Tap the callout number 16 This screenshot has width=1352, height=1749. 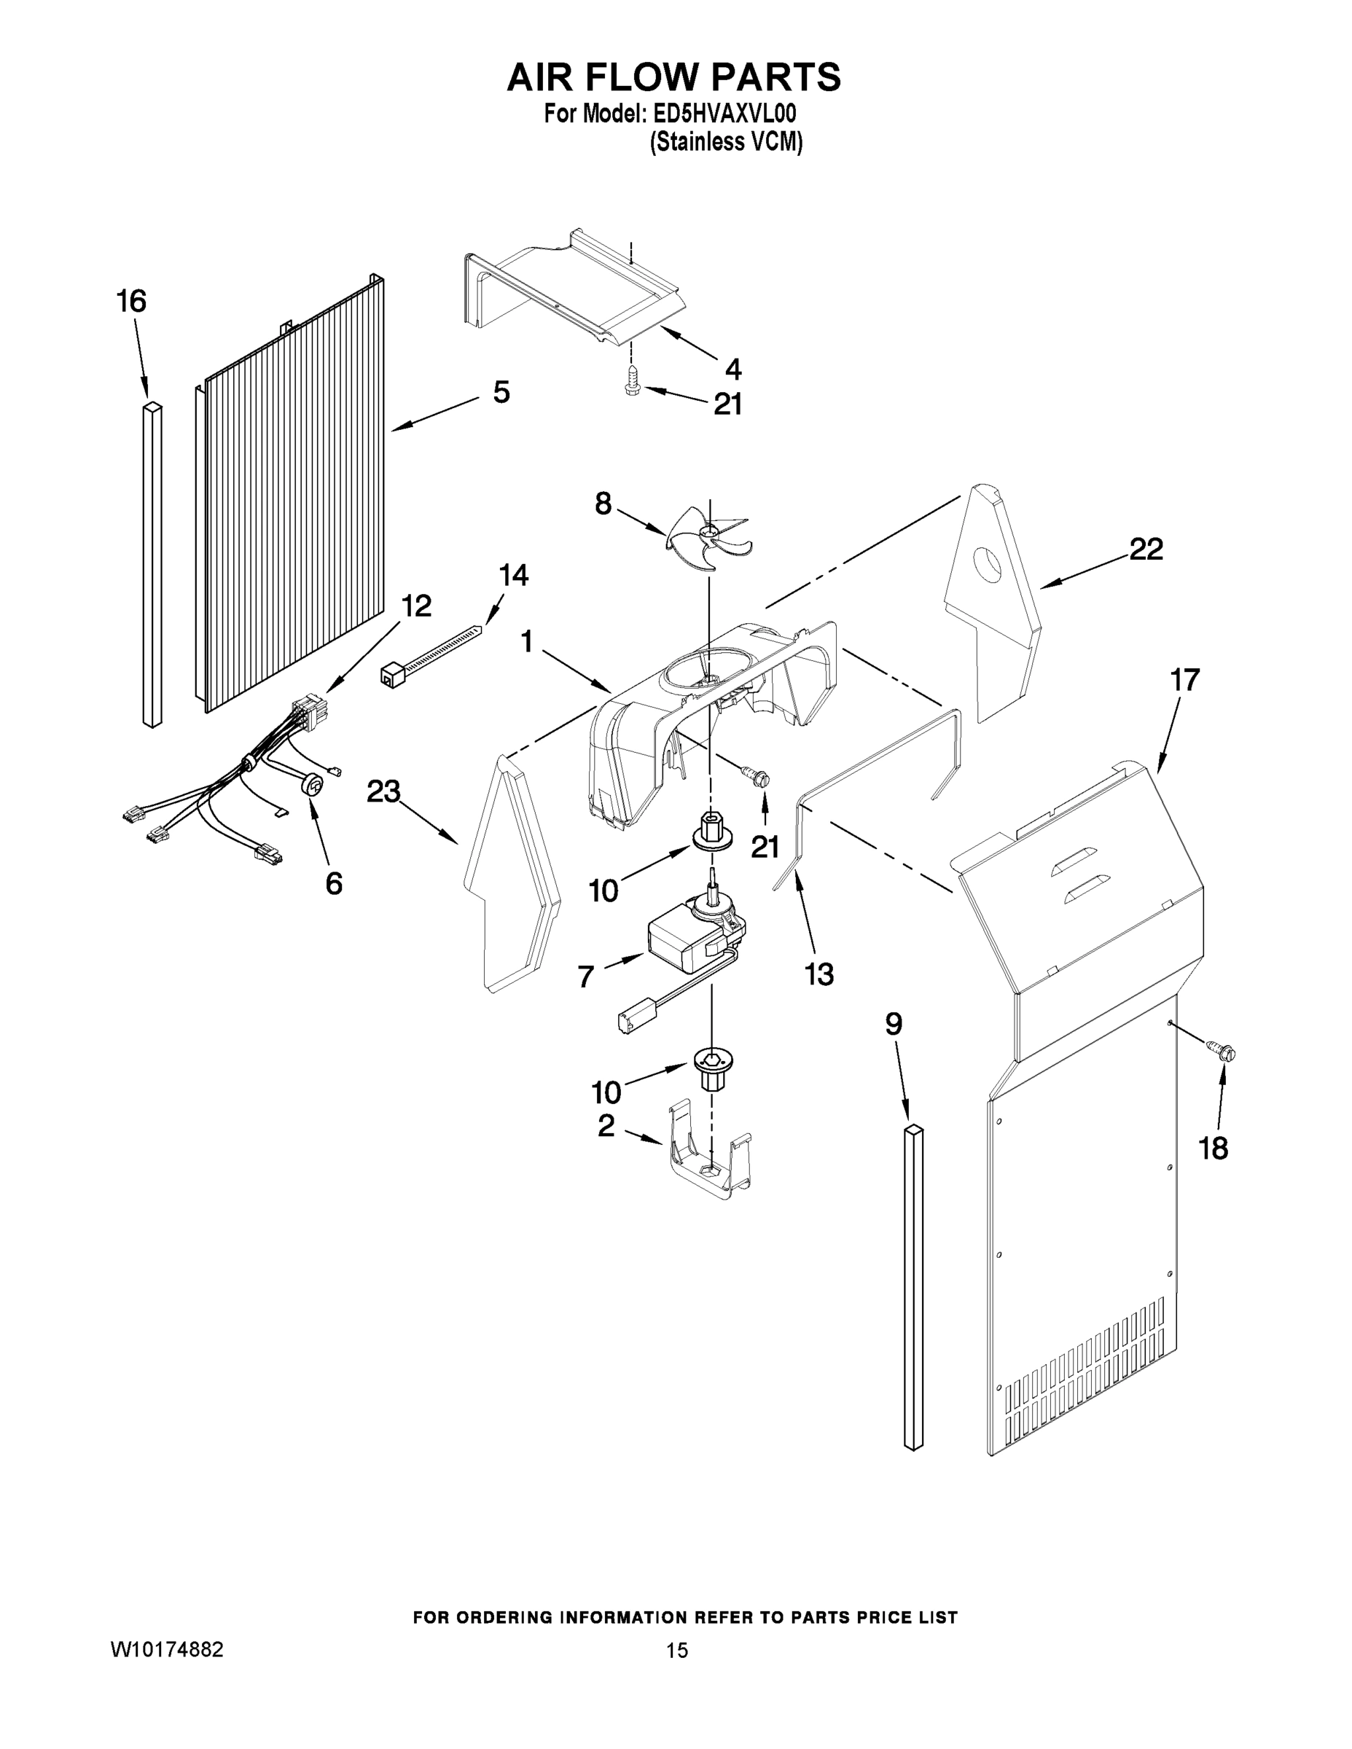[x=131, y=302]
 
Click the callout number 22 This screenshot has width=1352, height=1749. [x=1145, y=549]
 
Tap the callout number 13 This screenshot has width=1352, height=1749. [x=819, y=974]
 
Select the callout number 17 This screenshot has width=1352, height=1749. [x=1184, y=680]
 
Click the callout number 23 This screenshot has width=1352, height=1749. [x=383, y=792]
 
